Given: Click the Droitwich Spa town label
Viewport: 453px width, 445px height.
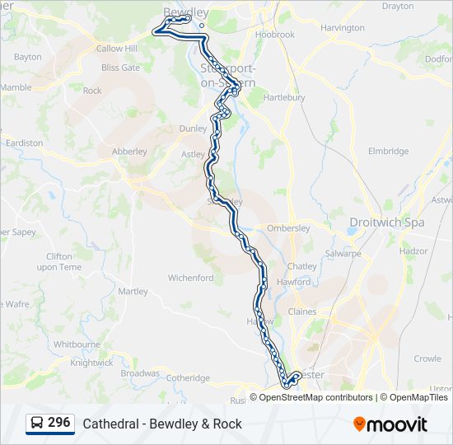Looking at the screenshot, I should tap(386, 222).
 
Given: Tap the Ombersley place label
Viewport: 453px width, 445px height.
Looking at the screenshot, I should tap(288, 228).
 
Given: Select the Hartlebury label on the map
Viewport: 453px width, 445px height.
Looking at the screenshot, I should tap(284, 97).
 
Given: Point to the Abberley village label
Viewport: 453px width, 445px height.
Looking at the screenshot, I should tap(129, 152).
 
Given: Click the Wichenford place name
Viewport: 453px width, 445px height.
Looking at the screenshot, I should tap(190, 278).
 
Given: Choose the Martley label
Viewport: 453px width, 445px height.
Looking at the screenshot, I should tap(133, 291).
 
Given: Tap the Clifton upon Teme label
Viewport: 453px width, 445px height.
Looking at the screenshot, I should tap(60, 261).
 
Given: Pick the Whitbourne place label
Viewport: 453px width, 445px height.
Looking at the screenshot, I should tap(77, 344).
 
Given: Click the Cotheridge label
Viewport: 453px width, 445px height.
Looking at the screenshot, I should tap(189, 377).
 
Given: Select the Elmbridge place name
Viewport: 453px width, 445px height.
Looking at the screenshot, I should tap(389, 152).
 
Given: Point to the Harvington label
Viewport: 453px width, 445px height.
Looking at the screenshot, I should tap(343, 28).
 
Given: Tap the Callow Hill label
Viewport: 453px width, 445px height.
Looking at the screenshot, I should tap(117, 49).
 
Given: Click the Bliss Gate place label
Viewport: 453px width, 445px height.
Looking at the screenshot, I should tap(120, 68).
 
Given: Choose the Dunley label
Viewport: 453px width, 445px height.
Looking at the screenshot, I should tap(194, 129).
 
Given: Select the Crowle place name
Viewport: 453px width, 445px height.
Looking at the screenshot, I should tap(427, 358).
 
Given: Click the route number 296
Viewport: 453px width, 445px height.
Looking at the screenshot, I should tap(58, 422).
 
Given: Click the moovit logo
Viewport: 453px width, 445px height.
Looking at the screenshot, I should tap(390, 424).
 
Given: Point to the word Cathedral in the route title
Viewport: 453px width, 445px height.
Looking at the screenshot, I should tap(109, 424).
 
